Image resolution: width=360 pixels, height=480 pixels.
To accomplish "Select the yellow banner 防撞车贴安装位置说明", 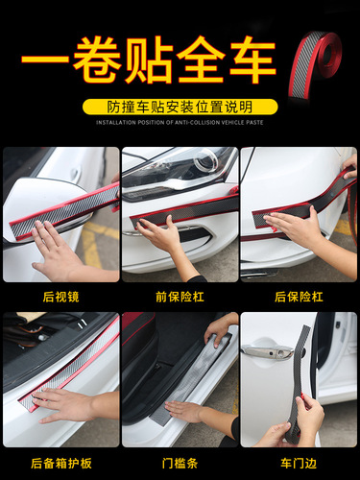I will pos(180,107).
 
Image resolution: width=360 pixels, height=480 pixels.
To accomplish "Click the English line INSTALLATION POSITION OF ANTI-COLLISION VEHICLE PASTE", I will pos(180,122).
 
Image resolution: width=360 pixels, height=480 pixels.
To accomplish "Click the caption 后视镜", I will pos(60,297).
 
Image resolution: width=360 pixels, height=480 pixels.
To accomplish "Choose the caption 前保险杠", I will pos(180,297).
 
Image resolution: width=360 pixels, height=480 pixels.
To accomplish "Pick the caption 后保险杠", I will pos(298,297).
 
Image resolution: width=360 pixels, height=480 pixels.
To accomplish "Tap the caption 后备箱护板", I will pos(60,462).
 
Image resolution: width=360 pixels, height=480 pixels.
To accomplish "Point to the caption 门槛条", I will pos(180,462).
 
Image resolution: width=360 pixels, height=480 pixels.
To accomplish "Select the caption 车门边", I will pos(298,462).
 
